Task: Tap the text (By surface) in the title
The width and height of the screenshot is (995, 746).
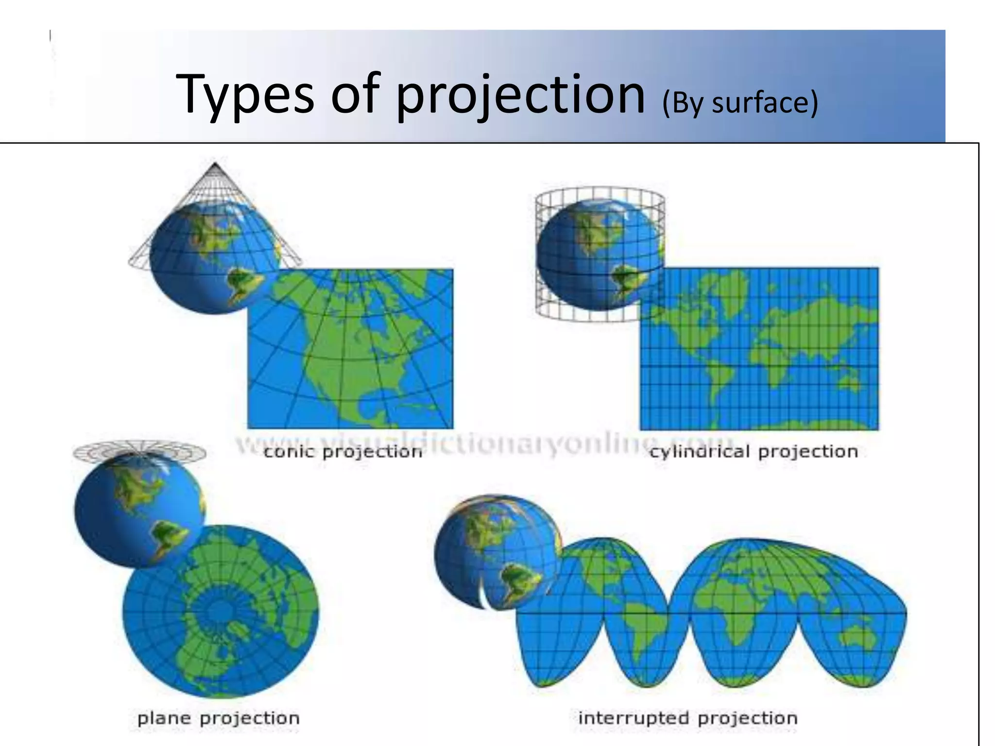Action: click(x=740, y=103)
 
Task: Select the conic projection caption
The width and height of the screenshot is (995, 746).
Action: click(x=343, y=452)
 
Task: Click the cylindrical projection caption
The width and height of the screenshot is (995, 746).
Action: click(x=754, y=452)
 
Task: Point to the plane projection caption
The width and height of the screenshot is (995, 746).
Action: click(x=219, y=718)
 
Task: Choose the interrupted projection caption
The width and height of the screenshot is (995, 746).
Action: click(x=688, y=718)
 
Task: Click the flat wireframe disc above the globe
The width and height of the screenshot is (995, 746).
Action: click(x=139, y=452)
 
